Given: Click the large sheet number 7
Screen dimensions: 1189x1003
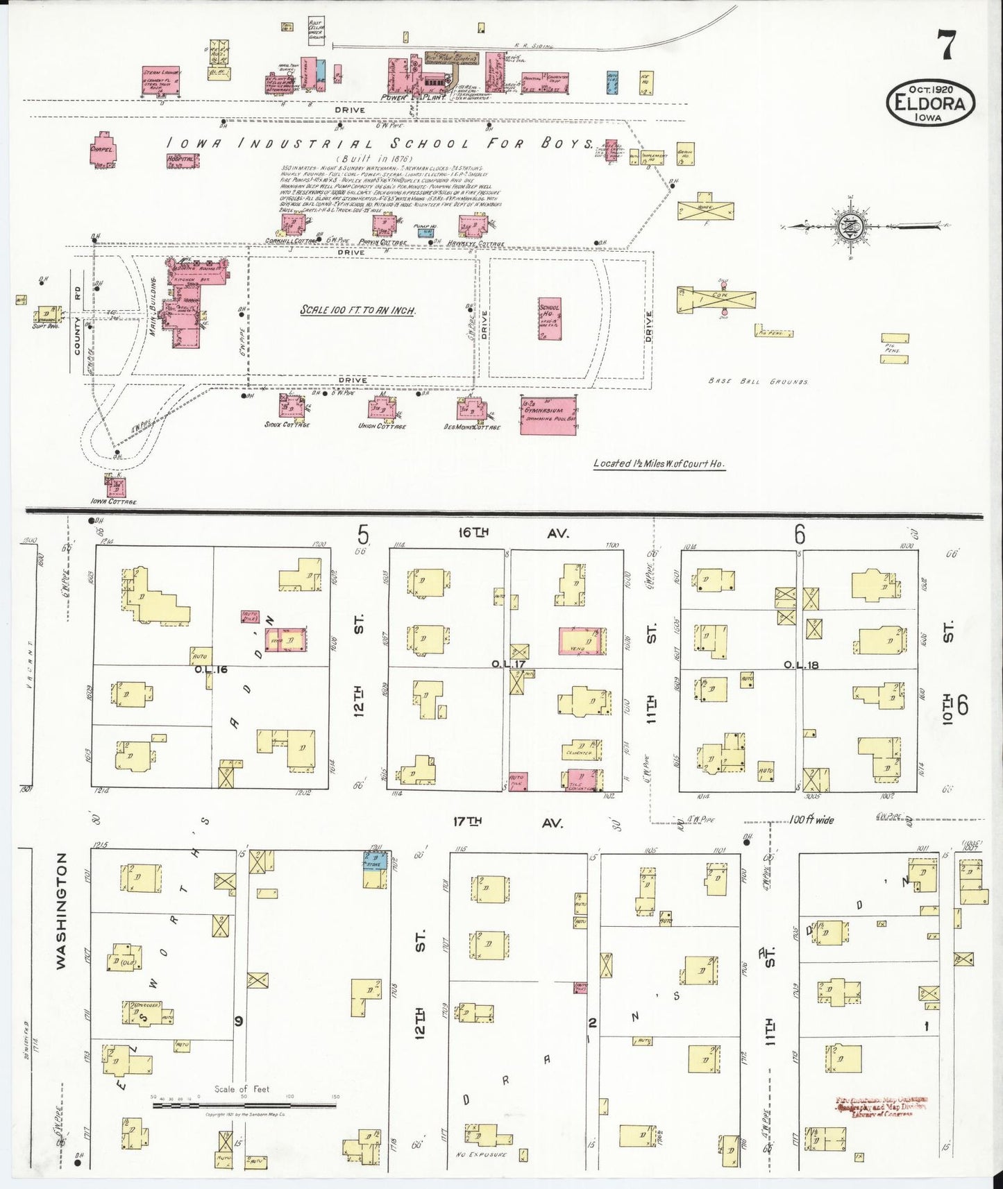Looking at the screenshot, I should click(946, 46).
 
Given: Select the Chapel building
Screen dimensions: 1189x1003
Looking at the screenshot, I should click(103, 153).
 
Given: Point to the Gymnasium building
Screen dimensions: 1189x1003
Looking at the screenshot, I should click(548, 416).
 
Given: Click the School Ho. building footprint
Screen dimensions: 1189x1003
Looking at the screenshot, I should click(549, 318).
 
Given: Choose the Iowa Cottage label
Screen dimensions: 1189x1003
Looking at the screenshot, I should click(113, 501).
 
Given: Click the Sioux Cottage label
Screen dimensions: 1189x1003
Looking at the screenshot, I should click(287, 425).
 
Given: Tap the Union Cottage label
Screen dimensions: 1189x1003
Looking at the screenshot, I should click(382, 426).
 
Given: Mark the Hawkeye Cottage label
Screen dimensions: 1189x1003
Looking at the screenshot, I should click(476, 243).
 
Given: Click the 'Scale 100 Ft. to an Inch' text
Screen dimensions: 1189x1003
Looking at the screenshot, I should click(357, 310).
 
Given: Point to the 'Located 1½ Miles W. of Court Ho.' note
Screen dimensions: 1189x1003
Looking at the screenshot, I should click(659, 463).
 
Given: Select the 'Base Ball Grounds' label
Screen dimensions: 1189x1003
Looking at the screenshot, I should click(759, 381).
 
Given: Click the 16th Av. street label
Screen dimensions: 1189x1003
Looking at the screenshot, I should click(514, 533).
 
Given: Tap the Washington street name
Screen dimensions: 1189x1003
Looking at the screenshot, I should click(61, 910).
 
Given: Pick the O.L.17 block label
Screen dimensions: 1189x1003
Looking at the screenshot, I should click(509, 664).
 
